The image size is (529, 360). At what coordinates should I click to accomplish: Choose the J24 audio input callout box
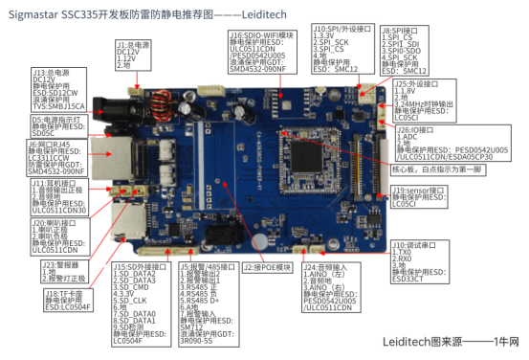pos(333,288)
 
